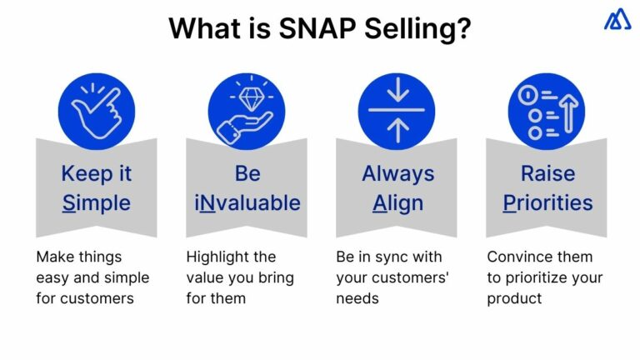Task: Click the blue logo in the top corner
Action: pos(617,18)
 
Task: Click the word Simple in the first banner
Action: pos(96,202)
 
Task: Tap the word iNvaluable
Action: pos(247,202)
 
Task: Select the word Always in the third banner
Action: pos(397,173)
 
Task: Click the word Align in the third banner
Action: pos(397,202)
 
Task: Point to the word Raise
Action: pos(547,173)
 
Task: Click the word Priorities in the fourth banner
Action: pos(547,202)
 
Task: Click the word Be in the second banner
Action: pos(247,173)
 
